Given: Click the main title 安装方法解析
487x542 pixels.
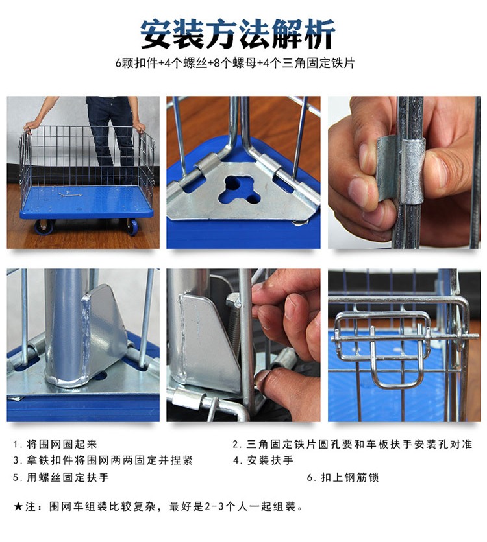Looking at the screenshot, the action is [238, 34].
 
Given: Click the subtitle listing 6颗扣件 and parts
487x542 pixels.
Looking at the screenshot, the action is [235, 64].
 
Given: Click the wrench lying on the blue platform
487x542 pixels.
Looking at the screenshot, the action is [70, 194].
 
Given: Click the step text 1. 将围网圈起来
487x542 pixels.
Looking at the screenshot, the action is [55, 444].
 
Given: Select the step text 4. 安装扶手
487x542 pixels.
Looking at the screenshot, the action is [263, 460].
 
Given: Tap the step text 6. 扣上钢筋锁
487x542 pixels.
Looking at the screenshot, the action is [343, 477].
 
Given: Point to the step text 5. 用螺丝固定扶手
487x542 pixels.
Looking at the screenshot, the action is [61, 477].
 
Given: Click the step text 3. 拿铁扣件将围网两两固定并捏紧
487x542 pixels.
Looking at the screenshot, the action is [103, 460].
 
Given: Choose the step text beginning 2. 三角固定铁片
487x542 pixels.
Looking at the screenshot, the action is [353, 444].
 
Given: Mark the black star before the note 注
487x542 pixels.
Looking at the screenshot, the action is [18, 507].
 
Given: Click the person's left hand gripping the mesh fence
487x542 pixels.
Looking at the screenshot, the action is [140, 127].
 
